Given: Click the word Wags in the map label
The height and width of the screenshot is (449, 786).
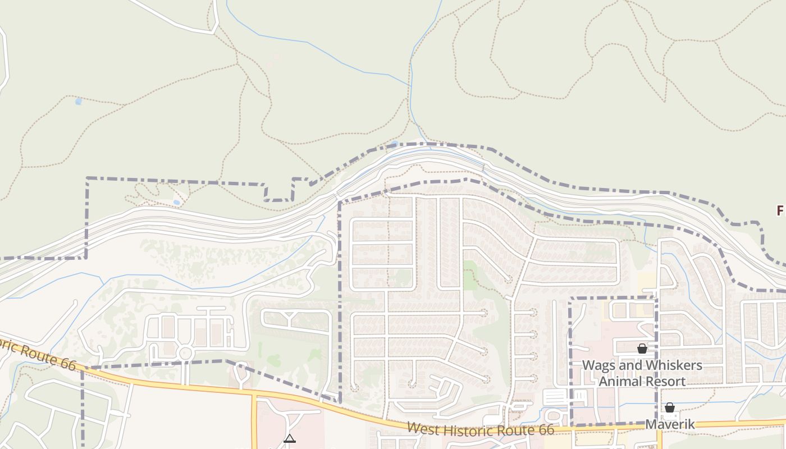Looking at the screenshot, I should (598, 365).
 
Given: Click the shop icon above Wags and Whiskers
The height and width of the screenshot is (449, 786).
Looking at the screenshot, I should (642, 349).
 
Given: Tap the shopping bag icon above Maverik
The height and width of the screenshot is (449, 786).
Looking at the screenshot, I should (670, 407).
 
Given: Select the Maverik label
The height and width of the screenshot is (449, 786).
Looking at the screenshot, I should (670, 424).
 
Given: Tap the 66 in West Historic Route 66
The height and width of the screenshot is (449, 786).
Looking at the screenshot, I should (545, 430).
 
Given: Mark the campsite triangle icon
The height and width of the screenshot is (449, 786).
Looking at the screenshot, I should (290, 438).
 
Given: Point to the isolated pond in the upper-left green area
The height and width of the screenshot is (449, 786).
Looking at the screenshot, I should (78, 102).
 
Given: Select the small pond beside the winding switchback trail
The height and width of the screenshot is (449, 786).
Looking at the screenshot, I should (177, 202).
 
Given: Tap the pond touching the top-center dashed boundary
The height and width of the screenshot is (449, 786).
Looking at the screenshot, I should (395, 144).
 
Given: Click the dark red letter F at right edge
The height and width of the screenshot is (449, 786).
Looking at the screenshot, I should (780, 211).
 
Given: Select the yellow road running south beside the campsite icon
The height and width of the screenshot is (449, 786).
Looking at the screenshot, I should (254, 421).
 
